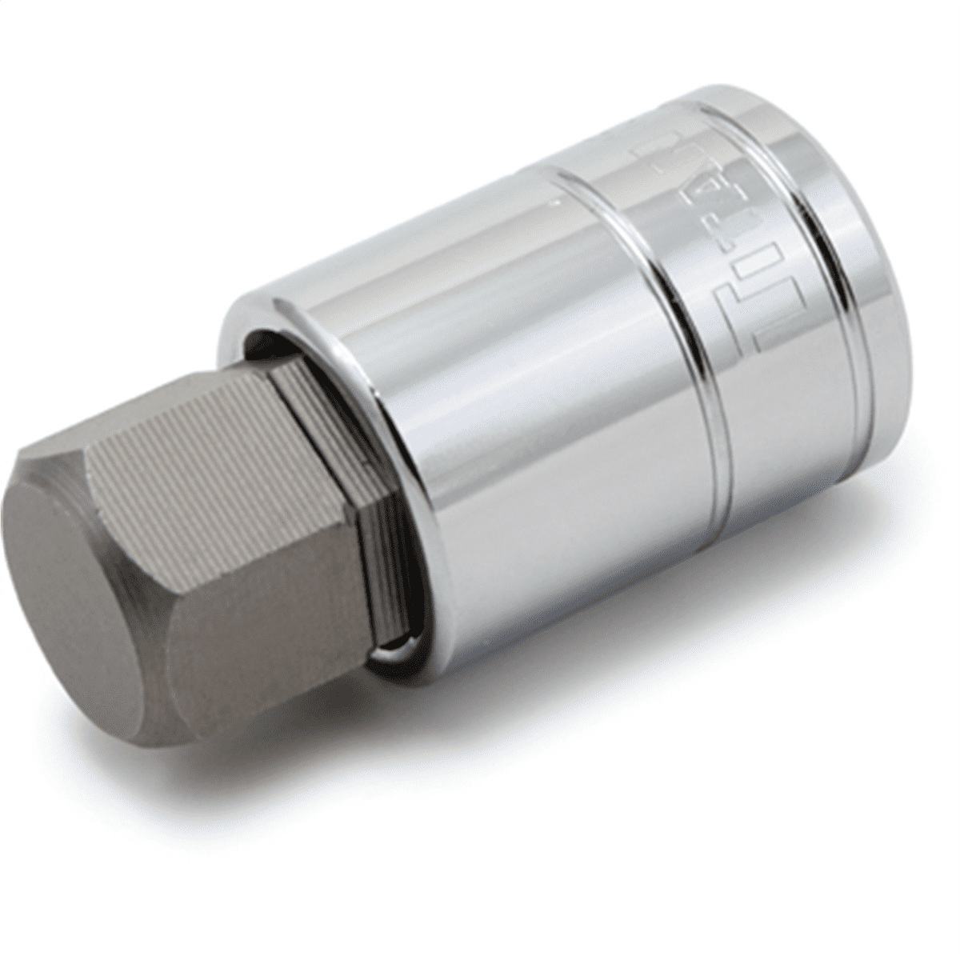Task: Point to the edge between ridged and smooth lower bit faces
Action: coord(264,560)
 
